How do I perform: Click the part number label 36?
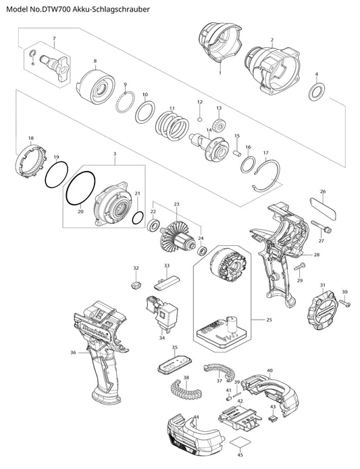[73, 353]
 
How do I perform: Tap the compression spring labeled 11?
[172, 126]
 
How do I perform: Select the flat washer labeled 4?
[317, 92]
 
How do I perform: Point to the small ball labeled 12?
[200, 120]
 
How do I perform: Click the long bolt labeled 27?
[321, 226]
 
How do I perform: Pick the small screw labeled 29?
[300, 266]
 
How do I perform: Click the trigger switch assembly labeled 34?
[161, 312]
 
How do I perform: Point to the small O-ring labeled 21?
[138, 217]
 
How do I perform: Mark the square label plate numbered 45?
[240, 443]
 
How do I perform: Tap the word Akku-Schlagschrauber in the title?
[111, 9]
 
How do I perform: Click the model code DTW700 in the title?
[57, 9]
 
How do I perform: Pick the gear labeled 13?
[220, 125]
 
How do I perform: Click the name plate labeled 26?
[324, 208]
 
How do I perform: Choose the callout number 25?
[269, 320]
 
